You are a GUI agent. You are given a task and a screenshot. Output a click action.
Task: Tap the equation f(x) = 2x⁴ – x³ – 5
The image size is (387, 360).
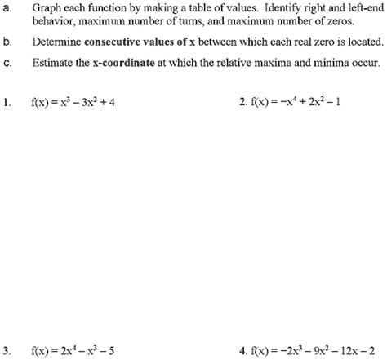coord(81,352)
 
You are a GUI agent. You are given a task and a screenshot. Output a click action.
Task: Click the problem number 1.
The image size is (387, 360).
coord(7,104)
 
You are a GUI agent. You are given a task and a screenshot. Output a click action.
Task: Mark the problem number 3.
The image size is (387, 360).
coord(7,352)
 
